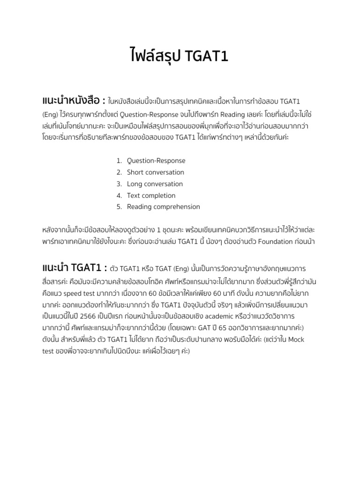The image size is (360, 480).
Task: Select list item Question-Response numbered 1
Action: click(156, 161)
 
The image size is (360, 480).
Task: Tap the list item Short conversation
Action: click(156, 172)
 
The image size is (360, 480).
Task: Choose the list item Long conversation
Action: click(155, 184)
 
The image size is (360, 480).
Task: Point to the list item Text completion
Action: click(151, 195)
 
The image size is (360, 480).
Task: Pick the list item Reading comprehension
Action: click(163, 207)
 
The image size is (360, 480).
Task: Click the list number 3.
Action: click(119, 184)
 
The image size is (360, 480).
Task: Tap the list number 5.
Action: click(119, 207)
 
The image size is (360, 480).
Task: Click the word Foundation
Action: click(275, 242)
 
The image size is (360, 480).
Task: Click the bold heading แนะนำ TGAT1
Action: click(72, 268)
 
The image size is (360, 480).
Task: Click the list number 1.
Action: click(119, 161)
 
